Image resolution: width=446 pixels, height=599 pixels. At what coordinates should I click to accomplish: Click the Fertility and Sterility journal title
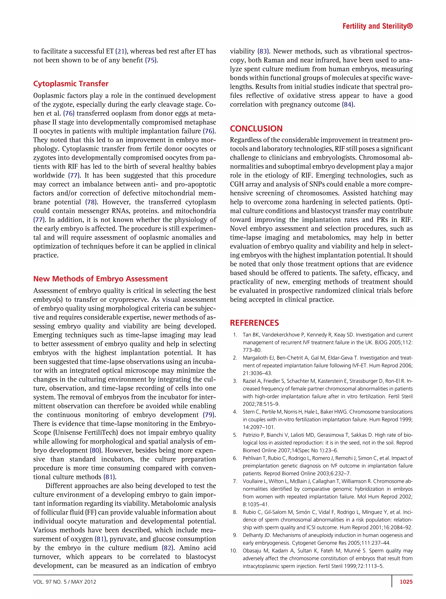click(x=377, y=26)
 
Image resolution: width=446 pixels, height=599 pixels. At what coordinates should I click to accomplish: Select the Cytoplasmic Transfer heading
click(x=71, y=84)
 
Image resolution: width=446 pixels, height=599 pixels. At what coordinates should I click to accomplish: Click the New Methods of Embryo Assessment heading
click(x=100, y=279)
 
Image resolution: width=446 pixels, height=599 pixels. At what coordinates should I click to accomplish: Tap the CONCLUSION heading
click(x=256, y=128)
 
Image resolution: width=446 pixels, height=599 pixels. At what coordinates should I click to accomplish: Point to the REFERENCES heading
click(x=254, y=323)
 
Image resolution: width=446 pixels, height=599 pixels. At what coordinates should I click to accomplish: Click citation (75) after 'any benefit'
click(x=151, y=60)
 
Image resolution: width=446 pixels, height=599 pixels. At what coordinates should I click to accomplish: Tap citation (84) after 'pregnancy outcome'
click(x=348, y=104)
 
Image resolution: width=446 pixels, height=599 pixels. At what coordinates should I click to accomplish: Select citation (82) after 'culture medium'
click(x=168, y=548)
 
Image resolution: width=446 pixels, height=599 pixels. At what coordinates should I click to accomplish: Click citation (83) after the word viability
click(x=264, y=51)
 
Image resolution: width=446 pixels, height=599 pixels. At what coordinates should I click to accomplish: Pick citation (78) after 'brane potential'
click(x=91, y=202)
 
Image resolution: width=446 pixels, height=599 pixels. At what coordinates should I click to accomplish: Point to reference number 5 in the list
click(x=235, y=435)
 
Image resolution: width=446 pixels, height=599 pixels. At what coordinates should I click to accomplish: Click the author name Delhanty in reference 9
click(x=253, y=535)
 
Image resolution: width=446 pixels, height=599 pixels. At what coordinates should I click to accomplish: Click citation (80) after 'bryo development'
click(x=96, y=450)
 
